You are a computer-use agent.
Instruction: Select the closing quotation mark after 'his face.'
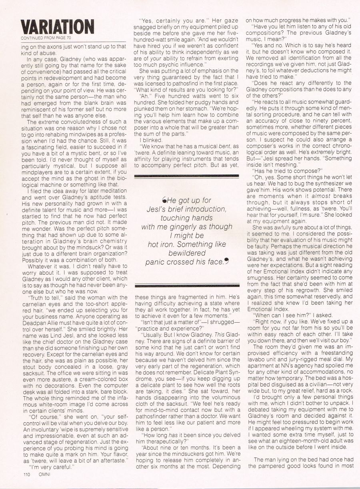pyautogui.click(x=227, y=261)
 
